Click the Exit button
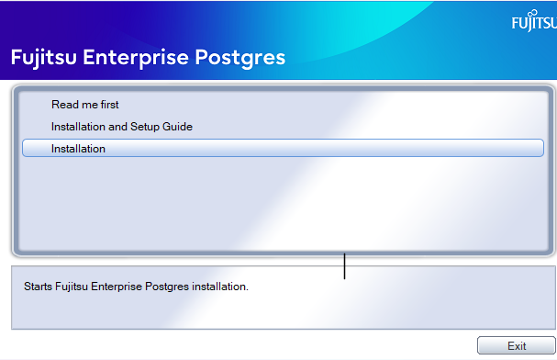click(517, 346)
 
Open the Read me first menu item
click(85, 105)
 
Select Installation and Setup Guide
click(122, 127)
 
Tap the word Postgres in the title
click(241, 57)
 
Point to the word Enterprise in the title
click(138, 57)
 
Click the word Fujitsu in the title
click(43, 57)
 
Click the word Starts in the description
click(37, 287)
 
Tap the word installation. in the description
click(221, 287)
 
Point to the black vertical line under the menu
click(344, 265)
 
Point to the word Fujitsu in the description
click(72, 287)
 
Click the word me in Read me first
click(87, 105)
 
